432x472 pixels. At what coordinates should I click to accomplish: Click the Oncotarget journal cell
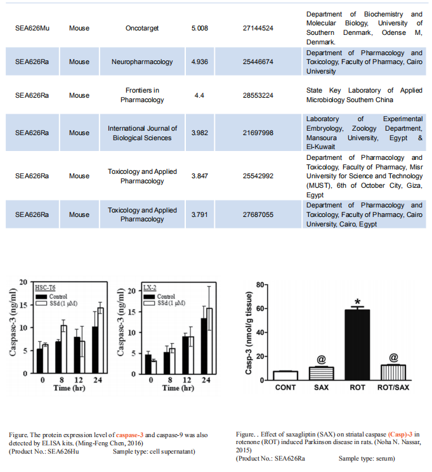142,28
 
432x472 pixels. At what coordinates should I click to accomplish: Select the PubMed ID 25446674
258,62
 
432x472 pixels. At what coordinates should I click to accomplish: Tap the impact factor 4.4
199,95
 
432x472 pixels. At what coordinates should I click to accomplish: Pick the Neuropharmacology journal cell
142,62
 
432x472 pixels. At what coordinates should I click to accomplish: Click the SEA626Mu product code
32,28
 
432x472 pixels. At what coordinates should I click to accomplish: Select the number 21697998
258,133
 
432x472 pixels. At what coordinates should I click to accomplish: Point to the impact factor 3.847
200,176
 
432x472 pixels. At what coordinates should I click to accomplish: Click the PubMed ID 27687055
258,214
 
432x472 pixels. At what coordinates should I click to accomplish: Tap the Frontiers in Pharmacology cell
142,95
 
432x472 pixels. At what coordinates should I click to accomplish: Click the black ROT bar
357,345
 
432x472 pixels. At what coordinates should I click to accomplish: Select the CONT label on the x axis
285,388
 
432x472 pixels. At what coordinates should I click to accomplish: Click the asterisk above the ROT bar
357,302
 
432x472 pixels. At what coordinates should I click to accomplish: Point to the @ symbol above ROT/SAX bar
393,358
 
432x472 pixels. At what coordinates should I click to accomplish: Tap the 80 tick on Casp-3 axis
260,285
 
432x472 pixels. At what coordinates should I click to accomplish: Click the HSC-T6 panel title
45,287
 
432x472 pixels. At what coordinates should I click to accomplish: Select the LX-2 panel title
150,287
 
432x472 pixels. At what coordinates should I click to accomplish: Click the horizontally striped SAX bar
321,374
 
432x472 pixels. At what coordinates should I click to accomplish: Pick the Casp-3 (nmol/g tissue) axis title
249,332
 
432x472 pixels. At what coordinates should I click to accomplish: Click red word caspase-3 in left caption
129,435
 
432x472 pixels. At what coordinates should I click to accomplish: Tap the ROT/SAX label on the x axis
393,388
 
